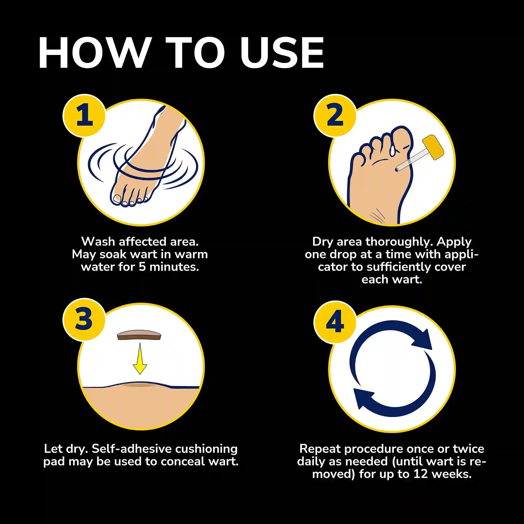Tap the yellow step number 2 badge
click(335, 116)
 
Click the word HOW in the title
click(94, 53)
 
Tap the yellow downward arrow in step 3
click(140, 359)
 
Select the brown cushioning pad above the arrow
click(139, 336)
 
